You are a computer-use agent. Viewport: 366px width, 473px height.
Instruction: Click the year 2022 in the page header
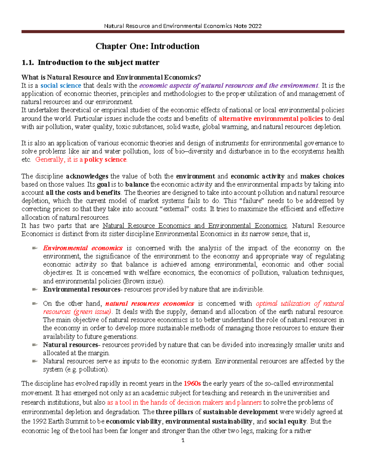[x=255, y=26]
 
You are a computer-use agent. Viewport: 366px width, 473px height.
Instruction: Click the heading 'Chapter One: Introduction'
[x=147, y=46]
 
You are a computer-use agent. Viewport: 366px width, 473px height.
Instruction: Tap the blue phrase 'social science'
[x=61, y=86]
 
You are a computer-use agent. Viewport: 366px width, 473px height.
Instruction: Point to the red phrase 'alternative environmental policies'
[x=271, y=118]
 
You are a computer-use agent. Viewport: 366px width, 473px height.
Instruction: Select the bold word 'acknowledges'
[x=87, y=176]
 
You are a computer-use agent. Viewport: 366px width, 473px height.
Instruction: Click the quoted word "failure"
[x=248, y=201]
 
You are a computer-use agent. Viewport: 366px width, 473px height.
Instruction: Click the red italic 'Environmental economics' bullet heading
[x=83, y=248]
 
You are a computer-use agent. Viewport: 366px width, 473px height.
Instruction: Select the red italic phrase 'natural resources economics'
[x=149, y=304]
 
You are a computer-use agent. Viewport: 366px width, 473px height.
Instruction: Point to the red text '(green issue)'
[x=93, y=312]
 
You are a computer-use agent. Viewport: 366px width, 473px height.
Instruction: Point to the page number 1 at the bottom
[x=183, y=440]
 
